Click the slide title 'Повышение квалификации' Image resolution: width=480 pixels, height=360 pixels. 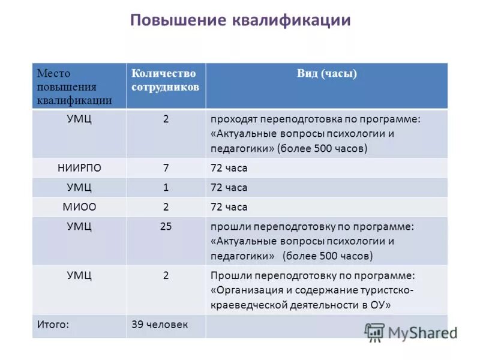tap(240, 20)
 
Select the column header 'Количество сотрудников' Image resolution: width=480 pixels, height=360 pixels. tap(164, 79)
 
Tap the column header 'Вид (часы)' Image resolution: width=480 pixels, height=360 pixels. tap(327, 73)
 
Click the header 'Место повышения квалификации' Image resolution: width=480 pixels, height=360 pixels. tap(74, 86)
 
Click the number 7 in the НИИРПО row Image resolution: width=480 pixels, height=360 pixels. tap(166, 168)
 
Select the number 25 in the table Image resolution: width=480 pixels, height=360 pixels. tap(166, 227)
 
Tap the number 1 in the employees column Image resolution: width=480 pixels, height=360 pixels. tap(166, 188)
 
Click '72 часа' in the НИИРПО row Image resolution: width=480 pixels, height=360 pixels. tap(229, 168)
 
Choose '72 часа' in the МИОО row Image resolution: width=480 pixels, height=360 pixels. tap(229, 207)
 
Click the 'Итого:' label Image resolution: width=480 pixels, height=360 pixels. tap(53, 325)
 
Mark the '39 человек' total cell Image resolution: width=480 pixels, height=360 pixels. tap(160, 325)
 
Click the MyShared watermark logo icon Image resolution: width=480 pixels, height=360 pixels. tap(374, 332)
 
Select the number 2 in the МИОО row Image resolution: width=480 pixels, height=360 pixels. tap(166, 207)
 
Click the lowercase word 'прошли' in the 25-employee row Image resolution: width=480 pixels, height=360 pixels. tap(230, 227)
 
